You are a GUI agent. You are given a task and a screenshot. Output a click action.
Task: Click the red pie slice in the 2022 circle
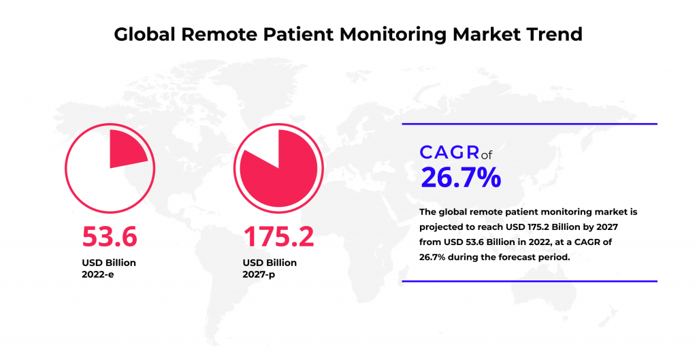125,150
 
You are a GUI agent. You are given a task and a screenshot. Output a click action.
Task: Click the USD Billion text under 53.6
109,262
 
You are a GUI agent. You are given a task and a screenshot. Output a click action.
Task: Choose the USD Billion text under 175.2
270,262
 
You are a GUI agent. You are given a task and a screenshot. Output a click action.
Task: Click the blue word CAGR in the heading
444,152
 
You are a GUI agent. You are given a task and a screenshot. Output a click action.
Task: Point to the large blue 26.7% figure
461,177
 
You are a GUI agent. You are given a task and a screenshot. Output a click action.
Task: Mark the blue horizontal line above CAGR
530,124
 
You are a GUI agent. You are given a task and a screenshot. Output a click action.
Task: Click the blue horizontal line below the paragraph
530,280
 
